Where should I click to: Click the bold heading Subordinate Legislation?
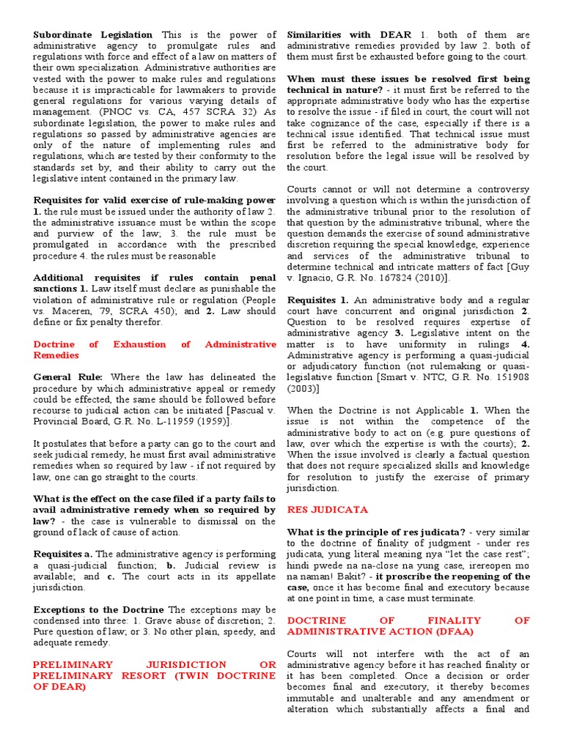tap(93, 34)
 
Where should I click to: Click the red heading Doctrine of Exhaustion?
tap(155, 344)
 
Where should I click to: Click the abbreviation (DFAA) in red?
tap(452, 631)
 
